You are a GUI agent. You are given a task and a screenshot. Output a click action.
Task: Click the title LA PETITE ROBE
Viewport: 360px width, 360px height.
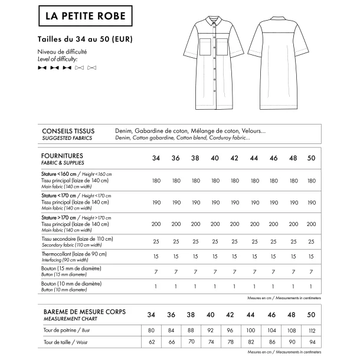coord(86,17)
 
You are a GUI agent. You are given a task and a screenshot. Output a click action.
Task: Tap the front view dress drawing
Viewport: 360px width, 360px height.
coord(215,65)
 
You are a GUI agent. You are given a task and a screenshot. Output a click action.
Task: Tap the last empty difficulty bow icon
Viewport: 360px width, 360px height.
coord(91,68)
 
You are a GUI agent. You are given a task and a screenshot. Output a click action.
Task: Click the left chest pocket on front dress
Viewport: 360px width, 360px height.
coord(204,47)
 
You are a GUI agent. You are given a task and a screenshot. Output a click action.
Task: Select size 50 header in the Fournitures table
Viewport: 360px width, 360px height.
coord(312,158)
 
